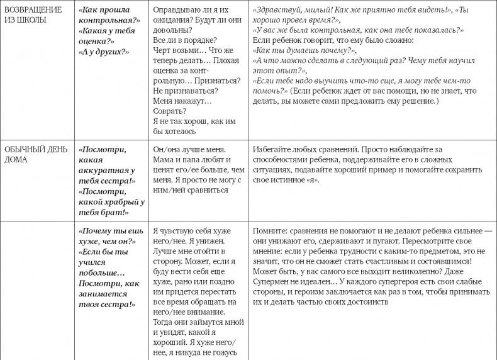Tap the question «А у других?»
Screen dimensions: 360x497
pos(104,51)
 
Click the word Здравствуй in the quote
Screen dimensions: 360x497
pos(276,11)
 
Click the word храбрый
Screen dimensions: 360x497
pos(116,202)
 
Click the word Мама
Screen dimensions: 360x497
pos(164,160)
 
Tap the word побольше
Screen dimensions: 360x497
pos(101,273)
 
